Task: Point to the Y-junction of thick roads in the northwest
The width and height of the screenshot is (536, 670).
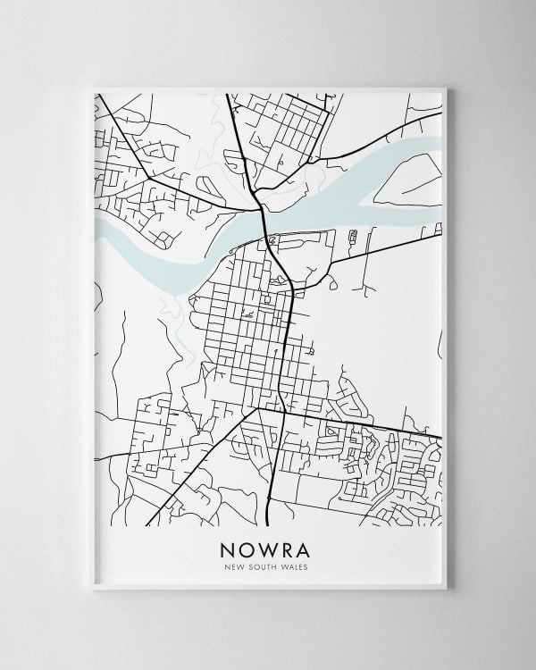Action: pos(148,178)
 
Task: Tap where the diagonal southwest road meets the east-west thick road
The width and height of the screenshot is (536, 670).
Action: pos(257,408)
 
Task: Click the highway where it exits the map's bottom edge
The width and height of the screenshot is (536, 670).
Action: pos(270,523)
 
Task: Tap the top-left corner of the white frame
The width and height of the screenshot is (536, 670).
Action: pos(92,88)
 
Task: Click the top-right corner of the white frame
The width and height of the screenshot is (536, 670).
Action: pos(446,88)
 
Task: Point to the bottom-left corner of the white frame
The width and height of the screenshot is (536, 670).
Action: pos(92,589)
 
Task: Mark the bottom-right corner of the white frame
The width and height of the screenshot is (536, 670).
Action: pos(446,589)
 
